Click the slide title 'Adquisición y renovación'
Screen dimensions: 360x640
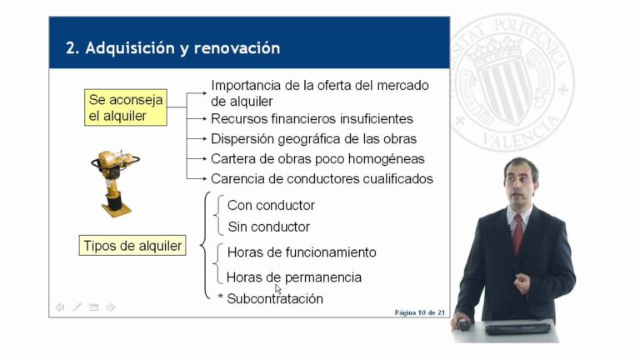(x=172, y=48)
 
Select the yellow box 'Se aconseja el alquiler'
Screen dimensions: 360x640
(x=126, y=108)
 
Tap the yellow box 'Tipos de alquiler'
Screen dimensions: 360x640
(x=132, y=246)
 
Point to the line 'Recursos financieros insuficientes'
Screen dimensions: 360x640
(x=312, y=119)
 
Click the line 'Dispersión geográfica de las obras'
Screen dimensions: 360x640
(x=313, y=138)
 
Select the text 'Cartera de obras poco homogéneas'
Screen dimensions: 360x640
(x=317, y=158)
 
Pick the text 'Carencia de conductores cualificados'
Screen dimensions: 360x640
(x=322, y=178)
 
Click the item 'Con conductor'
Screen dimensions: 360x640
(x=271, y=205)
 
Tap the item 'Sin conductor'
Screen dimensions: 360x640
(x=268, y=227)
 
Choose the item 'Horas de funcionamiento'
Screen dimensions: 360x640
(x=302, y=252)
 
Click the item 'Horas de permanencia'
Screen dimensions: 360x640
(x=294, y=277)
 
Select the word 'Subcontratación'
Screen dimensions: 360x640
(x=275, y=298)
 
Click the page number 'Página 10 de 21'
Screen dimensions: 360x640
(x=419, y=312)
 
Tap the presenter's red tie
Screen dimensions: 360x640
(x=517, y=233)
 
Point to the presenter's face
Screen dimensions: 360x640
(x=520, y=182)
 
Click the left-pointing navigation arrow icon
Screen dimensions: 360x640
(x=60, y=307)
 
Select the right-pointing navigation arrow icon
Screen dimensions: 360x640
(x=111, y=307)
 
